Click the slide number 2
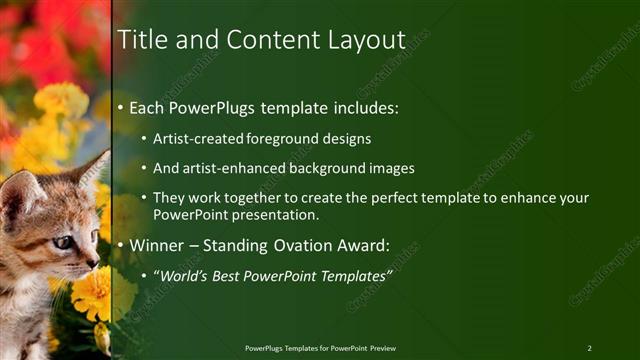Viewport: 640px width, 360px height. (590, 348)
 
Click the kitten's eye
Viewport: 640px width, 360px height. (61, 242)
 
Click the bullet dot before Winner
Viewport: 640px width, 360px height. (122, 245)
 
